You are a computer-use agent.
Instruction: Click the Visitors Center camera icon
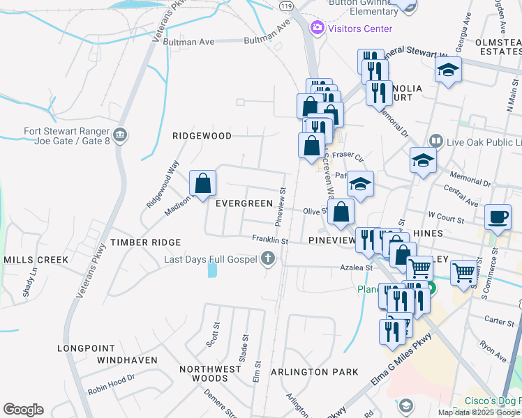point(318,28)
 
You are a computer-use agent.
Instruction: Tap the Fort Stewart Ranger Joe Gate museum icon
point(120,134)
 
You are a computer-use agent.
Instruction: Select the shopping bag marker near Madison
point(202,185)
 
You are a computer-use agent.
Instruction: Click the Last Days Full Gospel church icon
point(267,259)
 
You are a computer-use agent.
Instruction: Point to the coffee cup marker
point(498,217)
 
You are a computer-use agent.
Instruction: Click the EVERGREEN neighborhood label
point(244,203)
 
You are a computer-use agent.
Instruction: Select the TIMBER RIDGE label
point(145,242)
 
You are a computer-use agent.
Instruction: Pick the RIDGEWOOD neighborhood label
point(202,136)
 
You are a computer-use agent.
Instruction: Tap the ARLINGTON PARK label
point(314,372)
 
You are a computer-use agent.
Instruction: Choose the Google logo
point(23,410)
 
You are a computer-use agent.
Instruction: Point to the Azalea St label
point(357,267)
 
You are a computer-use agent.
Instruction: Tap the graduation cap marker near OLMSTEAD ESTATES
point(449,70)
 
